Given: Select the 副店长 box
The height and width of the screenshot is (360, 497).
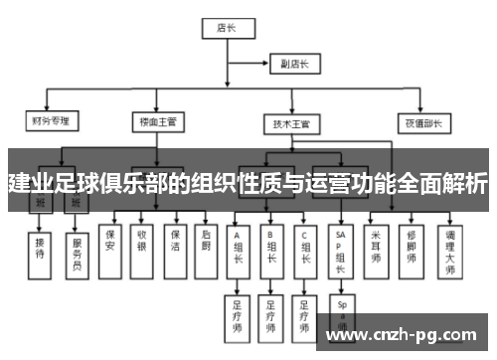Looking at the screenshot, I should [294, 64].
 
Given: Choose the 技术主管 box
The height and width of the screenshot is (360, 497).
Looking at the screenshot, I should [289, 125].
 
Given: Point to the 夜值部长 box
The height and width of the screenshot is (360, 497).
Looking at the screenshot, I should [421, 125].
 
